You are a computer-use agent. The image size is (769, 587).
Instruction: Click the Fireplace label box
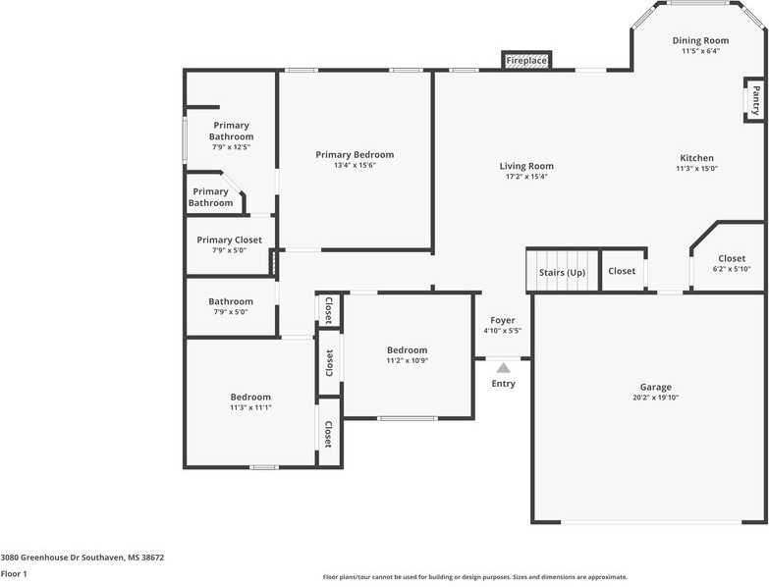525,61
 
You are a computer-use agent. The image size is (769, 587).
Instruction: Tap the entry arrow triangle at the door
503,367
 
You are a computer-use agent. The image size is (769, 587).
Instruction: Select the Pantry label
755,99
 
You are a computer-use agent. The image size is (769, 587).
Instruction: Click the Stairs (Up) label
562,272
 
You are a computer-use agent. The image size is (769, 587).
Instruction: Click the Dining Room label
700,40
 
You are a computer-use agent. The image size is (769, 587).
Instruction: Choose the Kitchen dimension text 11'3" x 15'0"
696,169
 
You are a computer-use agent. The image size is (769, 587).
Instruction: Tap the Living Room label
526,166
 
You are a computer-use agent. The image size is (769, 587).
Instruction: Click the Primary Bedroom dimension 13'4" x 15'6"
355,166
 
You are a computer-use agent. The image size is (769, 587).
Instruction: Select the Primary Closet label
229,240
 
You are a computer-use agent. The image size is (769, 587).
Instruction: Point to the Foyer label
502,320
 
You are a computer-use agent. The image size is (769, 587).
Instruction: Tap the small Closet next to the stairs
622,271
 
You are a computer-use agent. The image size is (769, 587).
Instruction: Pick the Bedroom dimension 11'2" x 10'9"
407,360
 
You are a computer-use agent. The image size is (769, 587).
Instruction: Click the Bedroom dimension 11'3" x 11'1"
250,407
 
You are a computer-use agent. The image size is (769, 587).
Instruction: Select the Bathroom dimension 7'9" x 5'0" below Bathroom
230,312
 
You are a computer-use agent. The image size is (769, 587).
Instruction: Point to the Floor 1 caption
14,573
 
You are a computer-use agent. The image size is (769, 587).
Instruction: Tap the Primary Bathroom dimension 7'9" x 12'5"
231,147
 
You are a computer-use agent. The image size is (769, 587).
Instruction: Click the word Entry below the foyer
503,384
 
